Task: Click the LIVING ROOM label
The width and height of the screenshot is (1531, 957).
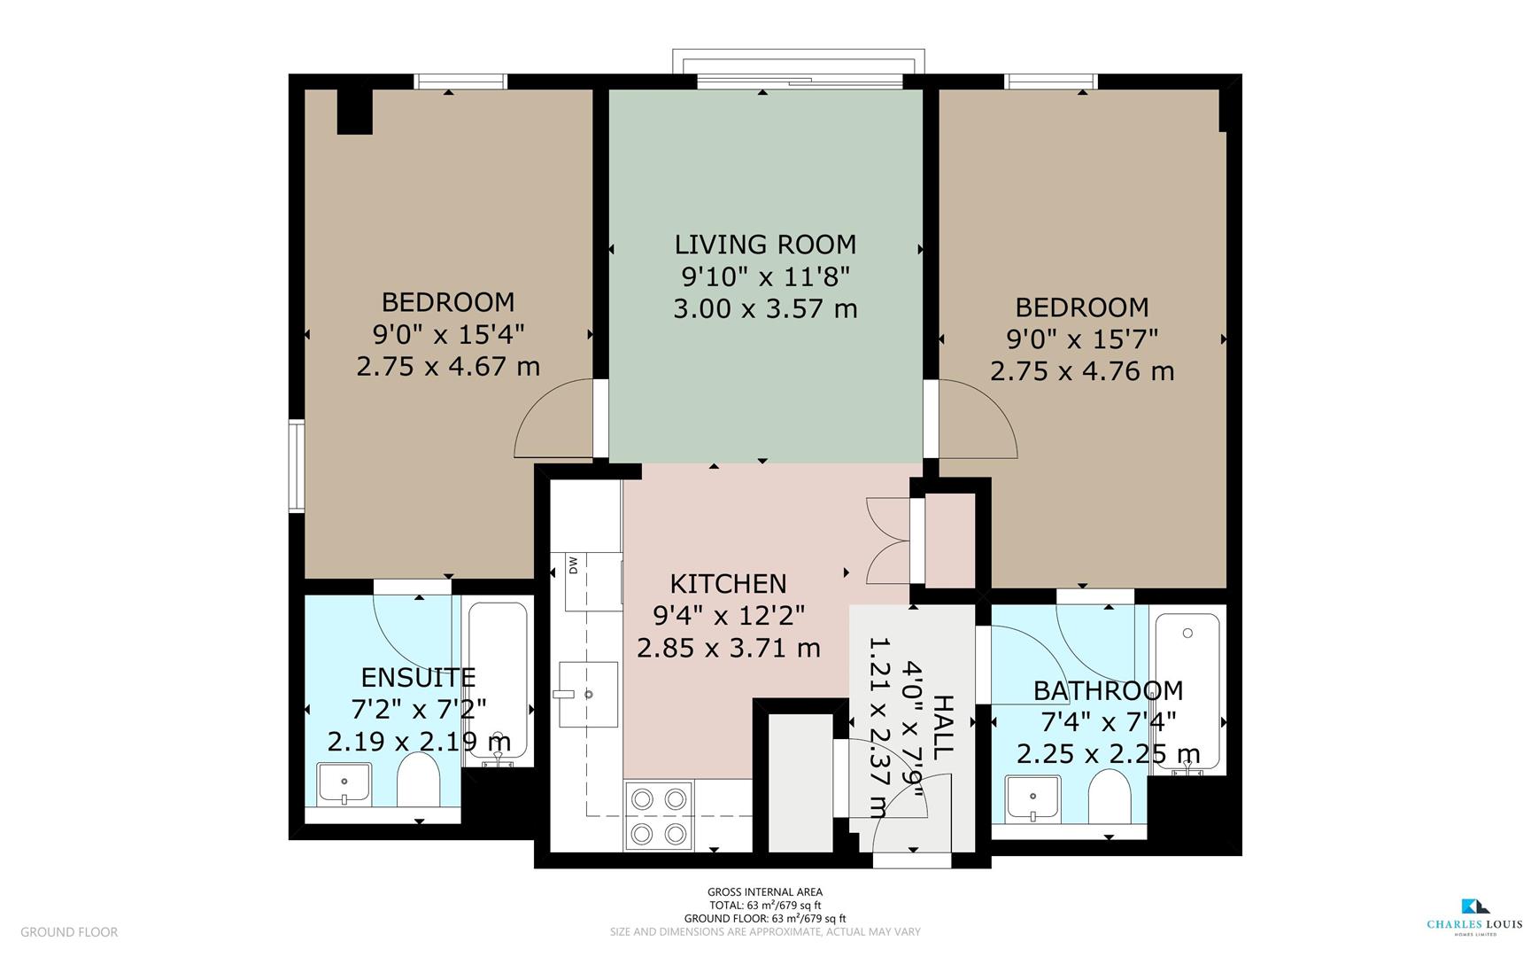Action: pos(765,245)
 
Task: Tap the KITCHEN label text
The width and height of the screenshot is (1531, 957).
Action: pos(728,584)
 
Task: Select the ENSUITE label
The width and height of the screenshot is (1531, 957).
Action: pos(418,678)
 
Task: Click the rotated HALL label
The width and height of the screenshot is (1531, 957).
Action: pos(943,725)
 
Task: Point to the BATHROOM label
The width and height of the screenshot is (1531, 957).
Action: pos(1108,690)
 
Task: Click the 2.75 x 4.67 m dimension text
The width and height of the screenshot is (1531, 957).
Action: pos(448,366)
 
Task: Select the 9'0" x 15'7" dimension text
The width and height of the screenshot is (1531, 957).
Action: pos(1082,339)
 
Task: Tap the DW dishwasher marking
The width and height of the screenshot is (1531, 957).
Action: pos(573,564)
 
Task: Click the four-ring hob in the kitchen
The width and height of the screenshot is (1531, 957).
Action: pos(658,815)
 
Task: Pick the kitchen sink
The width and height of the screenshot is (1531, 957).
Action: pos(587,694)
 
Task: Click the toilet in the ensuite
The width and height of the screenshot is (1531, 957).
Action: pos(418,780)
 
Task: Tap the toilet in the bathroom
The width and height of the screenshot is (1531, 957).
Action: pos(1108,796)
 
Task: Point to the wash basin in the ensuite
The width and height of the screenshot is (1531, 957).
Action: pos(344,784)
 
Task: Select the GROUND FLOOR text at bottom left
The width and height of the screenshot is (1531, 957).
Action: pos(69,932)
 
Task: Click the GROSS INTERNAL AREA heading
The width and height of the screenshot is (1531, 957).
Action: pos(764,892)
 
